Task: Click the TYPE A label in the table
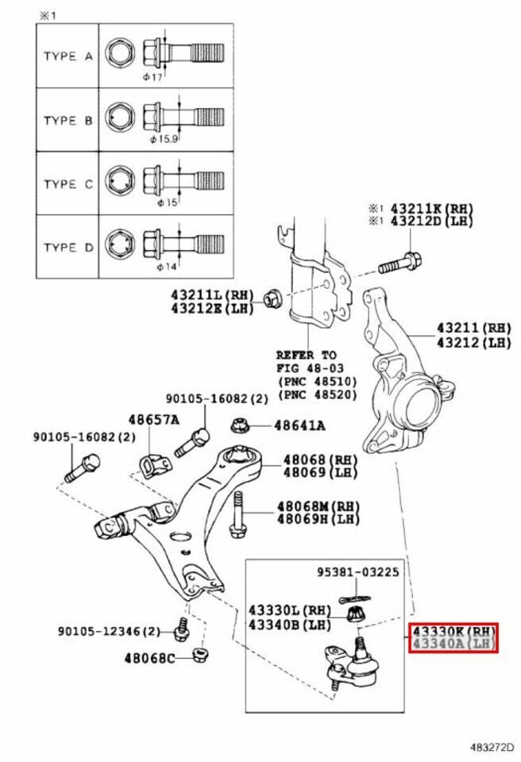68,56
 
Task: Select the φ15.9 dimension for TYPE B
164,139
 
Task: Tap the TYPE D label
68,248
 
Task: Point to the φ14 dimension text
167,267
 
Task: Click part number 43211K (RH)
431,209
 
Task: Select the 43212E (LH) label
212,308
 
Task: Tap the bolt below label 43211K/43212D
400,263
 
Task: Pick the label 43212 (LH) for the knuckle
473,343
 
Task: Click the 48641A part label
299,425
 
